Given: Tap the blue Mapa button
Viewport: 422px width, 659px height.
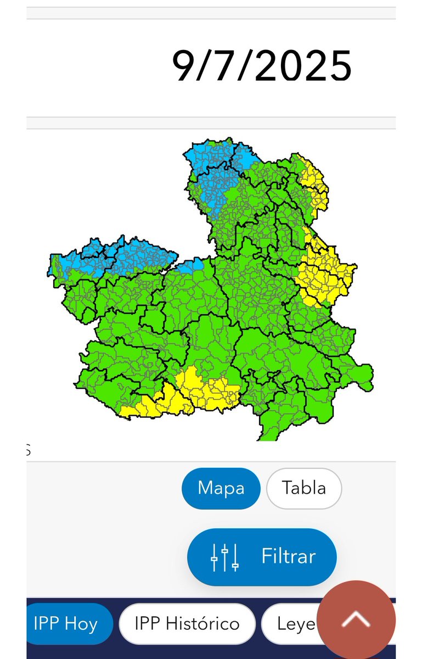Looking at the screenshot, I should [x=221, y=488].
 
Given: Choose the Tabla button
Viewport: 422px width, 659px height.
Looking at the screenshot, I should [x=304, y=488].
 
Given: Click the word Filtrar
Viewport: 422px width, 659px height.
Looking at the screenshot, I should [x=288, y=556].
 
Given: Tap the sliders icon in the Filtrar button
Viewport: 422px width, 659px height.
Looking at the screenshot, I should [x=225, y=557].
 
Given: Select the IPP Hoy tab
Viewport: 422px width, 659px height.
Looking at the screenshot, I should [x=65, y=624].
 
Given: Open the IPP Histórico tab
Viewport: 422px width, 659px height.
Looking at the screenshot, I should [x=187, y=624].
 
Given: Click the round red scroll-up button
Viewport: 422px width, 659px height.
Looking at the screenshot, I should [x=357, y=619].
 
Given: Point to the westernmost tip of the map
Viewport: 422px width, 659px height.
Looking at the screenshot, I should [x=50, y=264].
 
